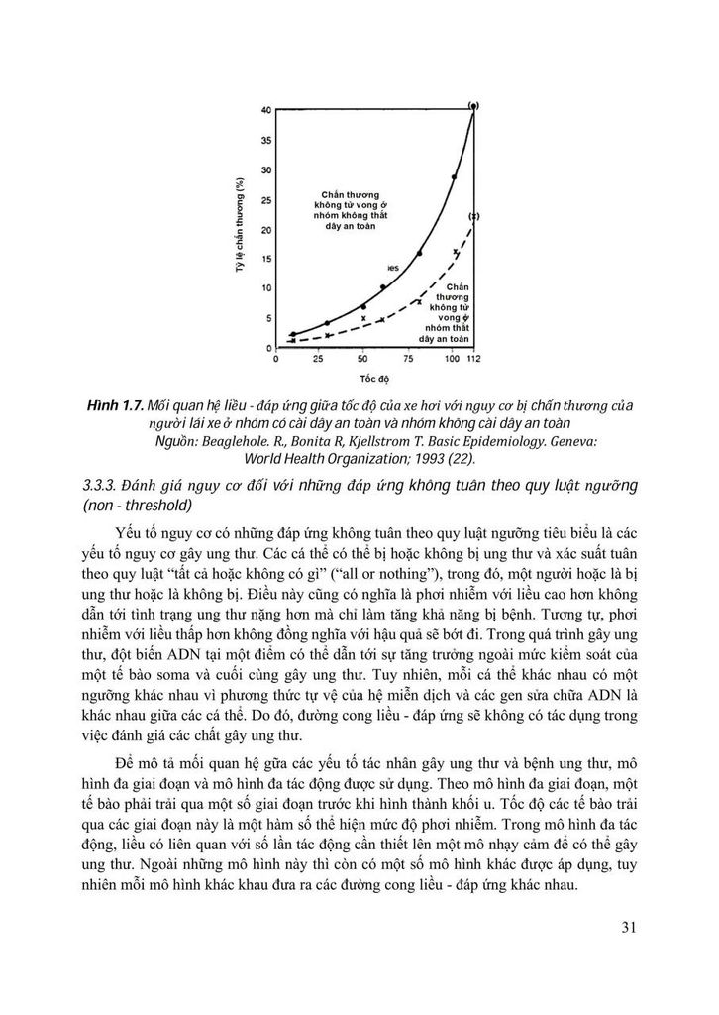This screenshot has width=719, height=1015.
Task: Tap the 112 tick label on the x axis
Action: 473,359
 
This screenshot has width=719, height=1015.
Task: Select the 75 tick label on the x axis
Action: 408,359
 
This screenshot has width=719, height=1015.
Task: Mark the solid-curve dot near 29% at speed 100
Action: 455,177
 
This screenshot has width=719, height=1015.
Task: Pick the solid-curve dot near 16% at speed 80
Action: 419,253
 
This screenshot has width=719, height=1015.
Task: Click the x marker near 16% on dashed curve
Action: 455,252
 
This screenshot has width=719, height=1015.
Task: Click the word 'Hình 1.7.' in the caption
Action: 113,407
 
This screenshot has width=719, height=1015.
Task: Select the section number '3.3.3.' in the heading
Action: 103,485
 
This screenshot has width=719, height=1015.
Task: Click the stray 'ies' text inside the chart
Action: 392,269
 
